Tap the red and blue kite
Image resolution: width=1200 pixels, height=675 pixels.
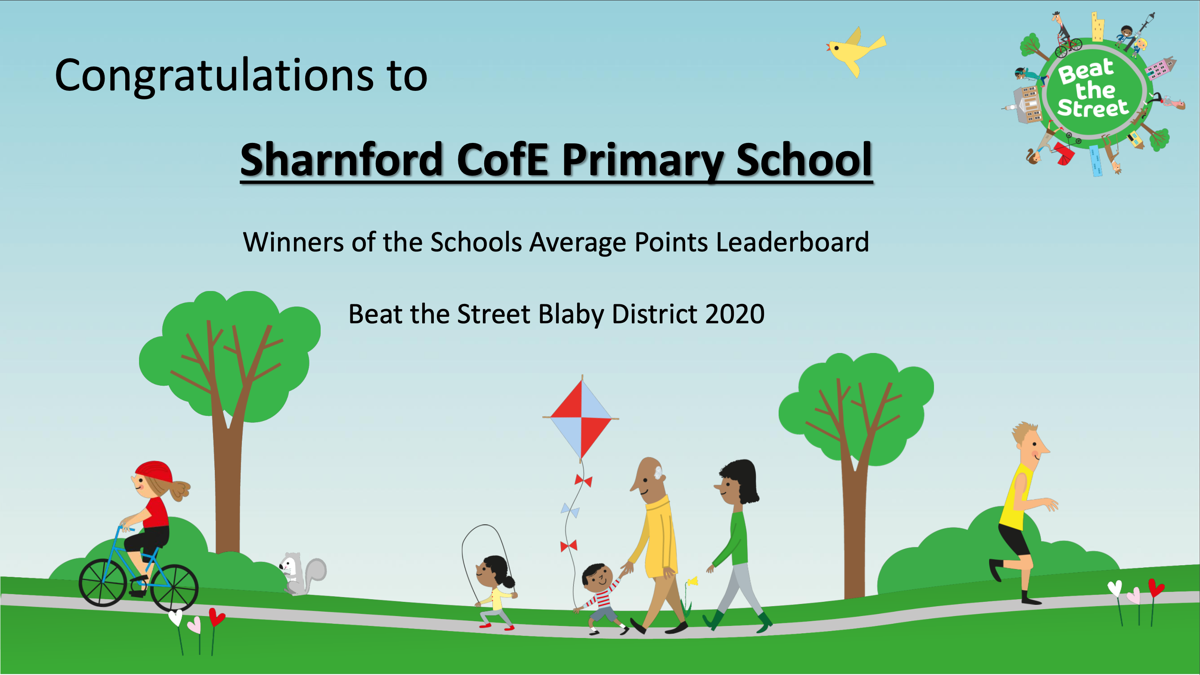tap(581, 418)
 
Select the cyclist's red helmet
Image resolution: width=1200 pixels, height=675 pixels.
tap(154, 472)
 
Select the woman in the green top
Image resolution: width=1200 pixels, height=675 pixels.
tap(736, 545)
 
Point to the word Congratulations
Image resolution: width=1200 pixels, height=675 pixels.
tap(214, 75)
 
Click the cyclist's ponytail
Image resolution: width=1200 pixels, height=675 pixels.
tap(179, 490)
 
